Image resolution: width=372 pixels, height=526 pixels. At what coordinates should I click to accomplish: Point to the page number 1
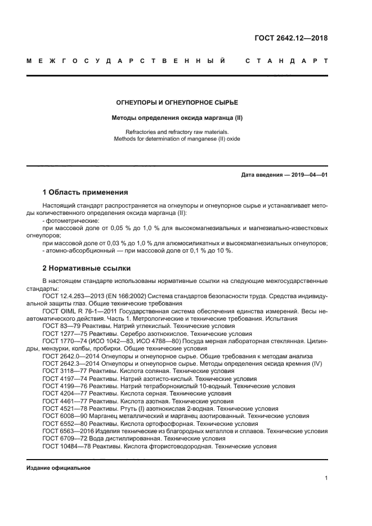pos(326,478)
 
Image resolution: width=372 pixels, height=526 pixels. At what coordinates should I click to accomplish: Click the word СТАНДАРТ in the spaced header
pos(286,60)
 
